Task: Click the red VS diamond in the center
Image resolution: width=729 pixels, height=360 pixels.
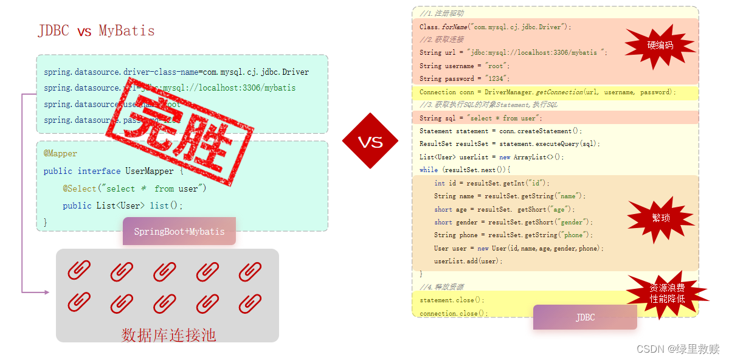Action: tap(370, 142)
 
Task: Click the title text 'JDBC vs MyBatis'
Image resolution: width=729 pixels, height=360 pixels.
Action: tap(96, 31)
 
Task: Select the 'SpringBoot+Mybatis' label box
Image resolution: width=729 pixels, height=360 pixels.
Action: tap(179, 232)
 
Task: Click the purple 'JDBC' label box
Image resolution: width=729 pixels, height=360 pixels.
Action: tap(585, 317)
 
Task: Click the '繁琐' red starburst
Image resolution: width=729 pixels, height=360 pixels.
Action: tap(660, 218)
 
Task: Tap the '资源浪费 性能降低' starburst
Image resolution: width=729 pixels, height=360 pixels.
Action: tap(667, 294)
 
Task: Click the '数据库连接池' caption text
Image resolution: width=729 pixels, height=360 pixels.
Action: tap(168, 335)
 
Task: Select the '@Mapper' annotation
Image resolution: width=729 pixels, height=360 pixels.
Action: tap(60, 154)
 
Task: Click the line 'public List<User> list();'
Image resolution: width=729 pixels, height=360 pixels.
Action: tap(122, 206)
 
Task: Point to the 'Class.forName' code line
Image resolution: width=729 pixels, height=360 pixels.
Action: tap(496, 27)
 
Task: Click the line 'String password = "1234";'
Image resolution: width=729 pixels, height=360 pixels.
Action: tap(464, 78)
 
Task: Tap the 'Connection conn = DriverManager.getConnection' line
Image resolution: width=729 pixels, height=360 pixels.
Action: tap(547, 92)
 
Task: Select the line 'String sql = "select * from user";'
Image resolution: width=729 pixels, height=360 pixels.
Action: tap(480, 118)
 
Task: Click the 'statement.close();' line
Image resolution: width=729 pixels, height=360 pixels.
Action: tap(452, 300)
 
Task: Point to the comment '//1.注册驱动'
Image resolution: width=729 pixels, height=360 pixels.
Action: tap(441, 13)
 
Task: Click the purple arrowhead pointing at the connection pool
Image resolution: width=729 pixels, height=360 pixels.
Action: tap(46, 292)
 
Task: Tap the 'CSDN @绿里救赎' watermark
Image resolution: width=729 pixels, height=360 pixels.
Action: tap(678, 348)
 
